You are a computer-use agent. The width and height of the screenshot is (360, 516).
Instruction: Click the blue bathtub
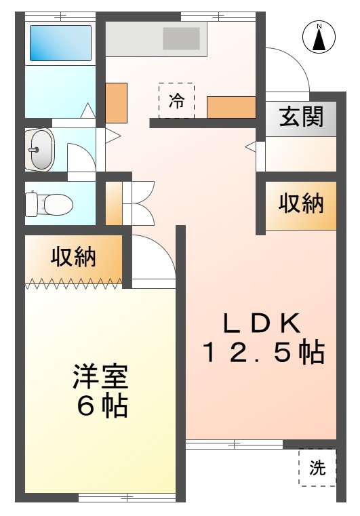pos(60,43)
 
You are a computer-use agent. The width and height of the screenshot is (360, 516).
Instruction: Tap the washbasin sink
pos(40,150)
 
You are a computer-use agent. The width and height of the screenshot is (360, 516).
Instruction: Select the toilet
pos(49,205)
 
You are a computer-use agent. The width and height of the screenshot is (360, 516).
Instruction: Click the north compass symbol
pos(319,37)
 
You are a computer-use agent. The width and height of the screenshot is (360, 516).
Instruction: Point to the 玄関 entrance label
pos(302,117)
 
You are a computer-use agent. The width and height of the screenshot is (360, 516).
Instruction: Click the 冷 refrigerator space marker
pos(176,101)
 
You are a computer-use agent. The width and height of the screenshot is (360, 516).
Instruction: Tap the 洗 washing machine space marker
pos(317,467)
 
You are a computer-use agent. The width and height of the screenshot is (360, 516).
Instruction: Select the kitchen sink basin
pos(181,39)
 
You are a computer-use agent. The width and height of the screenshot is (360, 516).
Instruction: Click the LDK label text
pos(262,323)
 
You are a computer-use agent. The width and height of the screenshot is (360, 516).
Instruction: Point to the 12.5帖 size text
pos(264,353)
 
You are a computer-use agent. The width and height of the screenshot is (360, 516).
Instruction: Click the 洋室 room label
pos(100,377)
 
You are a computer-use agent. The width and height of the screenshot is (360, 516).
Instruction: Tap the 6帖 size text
pos(102,406)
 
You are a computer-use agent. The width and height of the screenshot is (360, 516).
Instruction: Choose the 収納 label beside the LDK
pos(301,203)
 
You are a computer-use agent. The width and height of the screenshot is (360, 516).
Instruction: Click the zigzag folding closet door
pos(74,283)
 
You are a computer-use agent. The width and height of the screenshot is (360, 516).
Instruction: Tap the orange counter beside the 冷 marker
pos(231,107)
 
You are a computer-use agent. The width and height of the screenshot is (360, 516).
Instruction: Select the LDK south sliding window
pos(235,444)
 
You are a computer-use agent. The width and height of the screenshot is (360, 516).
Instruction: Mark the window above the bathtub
pos(60,16)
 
